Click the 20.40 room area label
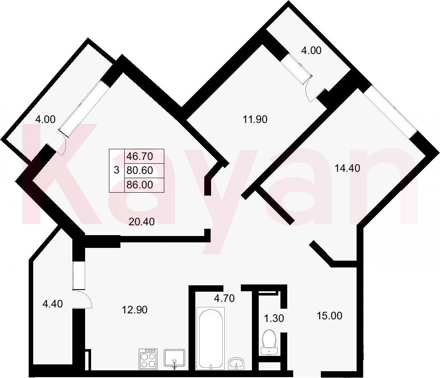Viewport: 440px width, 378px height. pyautogui.click(x=142, y=222)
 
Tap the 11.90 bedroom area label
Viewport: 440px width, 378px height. pyautogui.click(x=255, y=119)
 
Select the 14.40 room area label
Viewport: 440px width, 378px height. pyautogui.click(x=347, y=168)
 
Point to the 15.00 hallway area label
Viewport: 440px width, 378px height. pyautogui.click(x=329, y=316)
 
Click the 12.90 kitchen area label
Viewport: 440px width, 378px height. pyautogui.click(x=134, y=310)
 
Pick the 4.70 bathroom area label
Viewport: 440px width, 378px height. pyautogui.click(x=224, y=298)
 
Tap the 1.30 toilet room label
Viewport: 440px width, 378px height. pyautogui.click(x=274, y=318)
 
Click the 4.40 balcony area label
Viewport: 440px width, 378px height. pyautogui.click(x=52, y=304)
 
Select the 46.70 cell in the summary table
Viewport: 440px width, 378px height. pyautogui.click(x=140, y=156)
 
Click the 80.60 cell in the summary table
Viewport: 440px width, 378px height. pyautogui.click(x=140, y=170)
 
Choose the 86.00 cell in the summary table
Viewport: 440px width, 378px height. pyautogui.click(x=140, y=185)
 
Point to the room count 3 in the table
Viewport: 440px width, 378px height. pyautogui.click(x=117, y=170)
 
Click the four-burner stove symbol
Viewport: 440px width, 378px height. pyautogui.click(x=148, y=358)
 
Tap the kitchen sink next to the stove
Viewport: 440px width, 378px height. pyautogui.click(x=174, y=358)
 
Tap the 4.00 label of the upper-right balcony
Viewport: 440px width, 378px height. pyautogui.click(x=311, y=51)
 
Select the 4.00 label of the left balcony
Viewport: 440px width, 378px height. pyautogui.click(x=45, y=119)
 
